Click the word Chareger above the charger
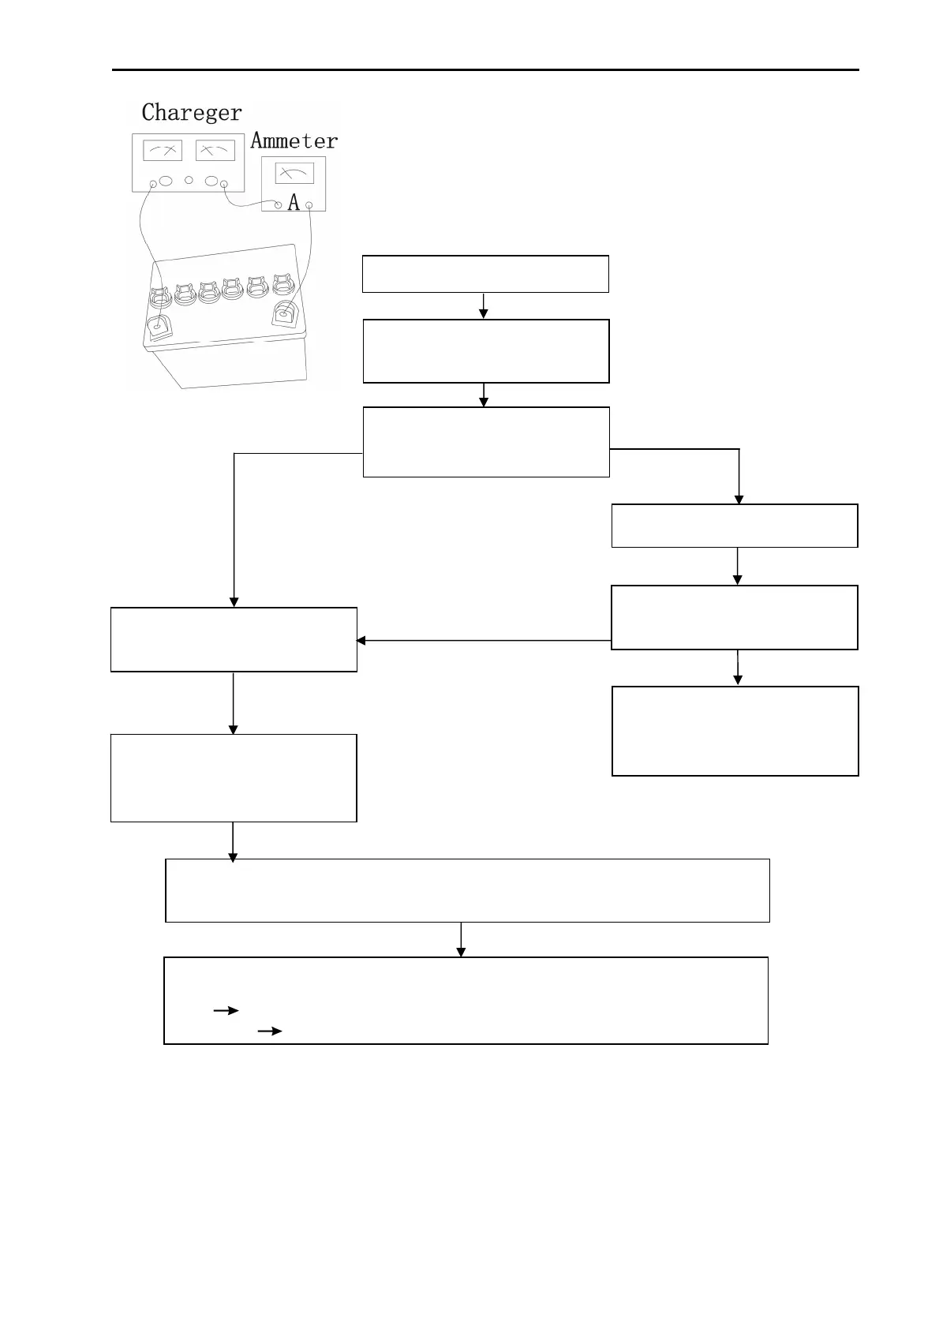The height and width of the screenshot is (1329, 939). [x=192, y=113]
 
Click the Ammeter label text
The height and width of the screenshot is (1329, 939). [x=294, y=141]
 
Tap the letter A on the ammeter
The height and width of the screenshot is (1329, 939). [x=294, y=204]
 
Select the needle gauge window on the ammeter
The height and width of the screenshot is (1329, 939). [x=294, y=173]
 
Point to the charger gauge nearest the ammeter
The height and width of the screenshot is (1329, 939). [x=215, y=150]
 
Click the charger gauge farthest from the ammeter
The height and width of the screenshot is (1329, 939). [x=163, y=150]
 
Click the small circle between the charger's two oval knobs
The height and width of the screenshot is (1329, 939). [x=189, y=181]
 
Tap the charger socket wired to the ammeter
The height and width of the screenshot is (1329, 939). [x=224, y=185]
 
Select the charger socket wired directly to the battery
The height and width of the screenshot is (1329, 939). [x=153, y=185]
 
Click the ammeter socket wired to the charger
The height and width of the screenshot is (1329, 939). [x=278, y=205]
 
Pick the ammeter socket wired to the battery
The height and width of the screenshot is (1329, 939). [x=309, y=205]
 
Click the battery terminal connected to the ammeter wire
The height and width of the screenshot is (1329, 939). [x=284, y=314]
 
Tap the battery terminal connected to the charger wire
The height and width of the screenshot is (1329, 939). [x=160, y=324]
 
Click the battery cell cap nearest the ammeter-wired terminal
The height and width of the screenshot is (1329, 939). [x=282, y=284]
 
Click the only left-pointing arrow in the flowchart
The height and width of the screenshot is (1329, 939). [x=361, y=640]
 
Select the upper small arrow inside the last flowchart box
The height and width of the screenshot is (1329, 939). [x=226, y=1010]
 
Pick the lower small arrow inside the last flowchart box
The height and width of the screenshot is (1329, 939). [x=270, y=1031]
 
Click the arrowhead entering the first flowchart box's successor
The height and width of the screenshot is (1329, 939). [x=484, y=314]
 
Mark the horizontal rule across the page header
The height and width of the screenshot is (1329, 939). [x=484, y=70]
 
